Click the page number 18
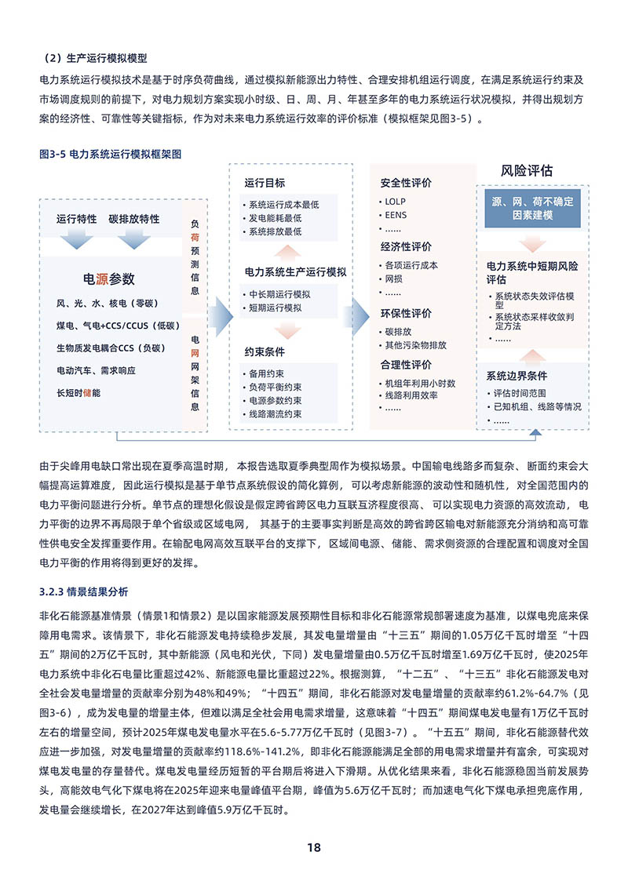coord(314,847)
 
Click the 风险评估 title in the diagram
coord(527,170)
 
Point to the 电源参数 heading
coord(109,279)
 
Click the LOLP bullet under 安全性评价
coord(390,202)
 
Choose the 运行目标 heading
coord(265,184)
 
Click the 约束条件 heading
coord(265,352)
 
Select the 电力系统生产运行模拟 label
coord(293,272)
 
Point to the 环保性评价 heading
coord(406,313)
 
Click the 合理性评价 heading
coord(406,365)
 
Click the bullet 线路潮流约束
coord(275,414)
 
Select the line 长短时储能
coord(78,391)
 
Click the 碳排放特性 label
coord(134,219)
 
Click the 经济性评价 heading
coord(406,246)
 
